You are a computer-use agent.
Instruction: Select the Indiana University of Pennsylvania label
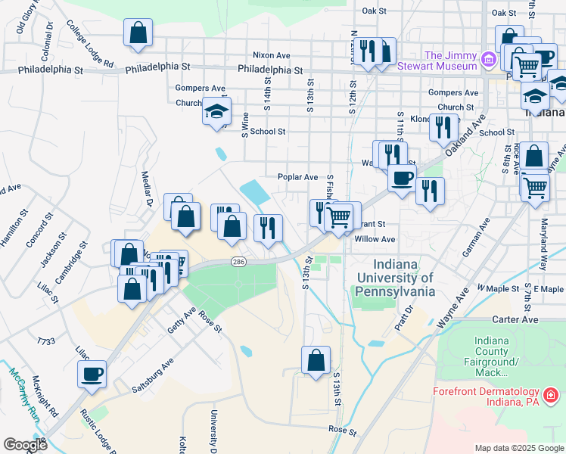pyautogui.click(x=396, y=277)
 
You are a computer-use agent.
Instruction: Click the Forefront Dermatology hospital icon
pyautogui.click(x=552, y=395)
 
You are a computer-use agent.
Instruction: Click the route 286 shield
pyautogui.click(x=238, y=261)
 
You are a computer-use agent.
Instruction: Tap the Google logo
pyautogui.click(x=24, y=444)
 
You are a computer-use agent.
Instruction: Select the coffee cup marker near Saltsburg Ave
pyautogui.click(x=92, y=374)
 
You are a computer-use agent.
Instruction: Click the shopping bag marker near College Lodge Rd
pyautogui.click(x=138, y=33)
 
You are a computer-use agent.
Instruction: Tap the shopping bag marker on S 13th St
pyautogui.click(x=316, y=360)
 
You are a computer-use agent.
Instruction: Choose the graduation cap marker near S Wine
pyautogui.click(x=216, y=111)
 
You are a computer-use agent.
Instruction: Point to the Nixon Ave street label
pyautogui.click(x=272, y=55)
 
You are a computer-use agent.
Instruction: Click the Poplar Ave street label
pyautogui.click(x=297, y=177)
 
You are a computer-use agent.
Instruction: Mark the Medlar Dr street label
pyautogui.click(x=148, y=188)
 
